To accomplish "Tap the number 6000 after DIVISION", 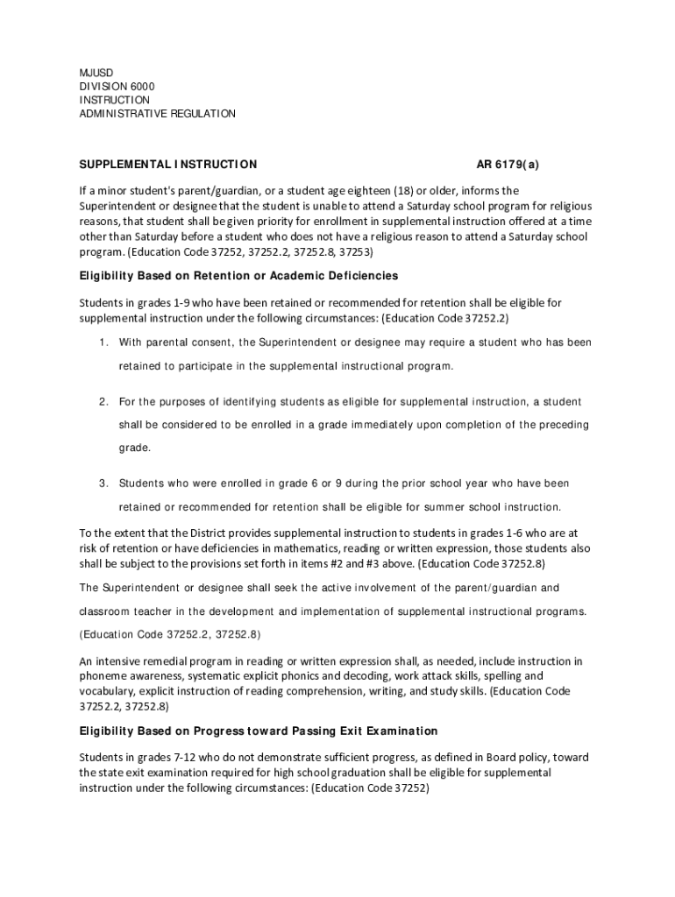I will point(138,86).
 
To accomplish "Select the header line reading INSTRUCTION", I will point(115,100).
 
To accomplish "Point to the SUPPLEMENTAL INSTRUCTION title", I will point(168,164).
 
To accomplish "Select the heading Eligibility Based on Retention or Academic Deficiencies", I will point(238,276).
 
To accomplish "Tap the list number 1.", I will point(103,343).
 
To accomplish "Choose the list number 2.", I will point(103,402).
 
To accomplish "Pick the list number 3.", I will point(103,484).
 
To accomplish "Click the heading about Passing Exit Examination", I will point(259,731).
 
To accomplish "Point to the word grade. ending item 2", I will point(135,448).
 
